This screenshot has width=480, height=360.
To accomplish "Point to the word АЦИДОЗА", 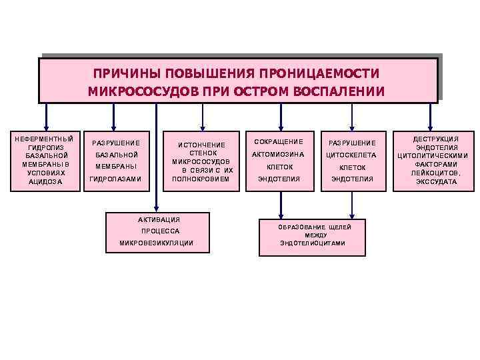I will point(45,182).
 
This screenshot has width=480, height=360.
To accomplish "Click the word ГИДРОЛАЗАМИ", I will point(115,179).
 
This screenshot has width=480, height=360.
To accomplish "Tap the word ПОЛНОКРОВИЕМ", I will point(201,179).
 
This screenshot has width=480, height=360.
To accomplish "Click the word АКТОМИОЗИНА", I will point(278,155).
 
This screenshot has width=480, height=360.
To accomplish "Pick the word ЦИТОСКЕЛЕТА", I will point(351,155).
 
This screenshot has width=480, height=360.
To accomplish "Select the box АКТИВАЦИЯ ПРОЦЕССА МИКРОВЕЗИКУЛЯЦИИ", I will point(157,232).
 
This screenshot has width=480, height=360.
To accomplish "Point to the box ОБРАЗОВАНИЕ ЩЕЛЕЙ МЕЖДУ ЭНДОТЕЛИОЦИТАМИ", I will point(312,235).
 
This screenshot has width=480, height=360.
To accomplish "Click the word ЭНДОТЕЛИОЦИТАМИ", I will point(312,243).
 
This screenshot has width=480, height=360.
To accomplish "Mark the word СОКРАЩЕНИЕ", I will point(278,141).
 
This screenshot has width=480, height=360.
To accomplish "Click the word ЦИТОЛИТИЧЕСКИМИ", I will point(432,156).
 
